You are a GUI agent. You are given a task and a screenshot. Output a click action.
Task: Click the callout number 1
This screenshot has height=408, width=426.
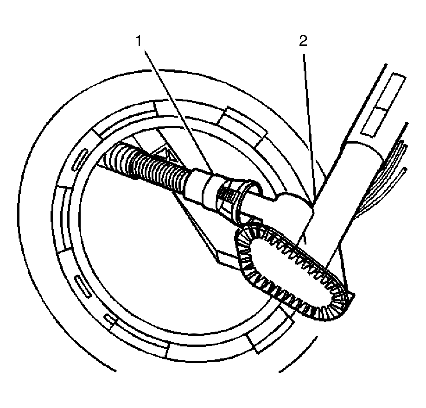pyautogui.click(x=139, y=41)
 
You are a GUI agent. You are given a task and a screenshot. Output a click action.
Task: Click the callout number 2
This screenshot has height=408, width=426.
pyautogui.click(x=303, y=41)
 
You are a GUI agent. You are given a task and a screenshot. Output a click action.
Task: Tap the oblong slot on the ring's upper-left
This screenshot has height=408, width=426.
pyautogui.click(x=79, y=160)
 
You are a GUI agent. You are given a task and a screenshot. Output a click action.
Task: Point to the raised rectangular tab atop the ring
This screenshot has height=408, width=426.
pyautogui.click(x=242, y=125)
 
